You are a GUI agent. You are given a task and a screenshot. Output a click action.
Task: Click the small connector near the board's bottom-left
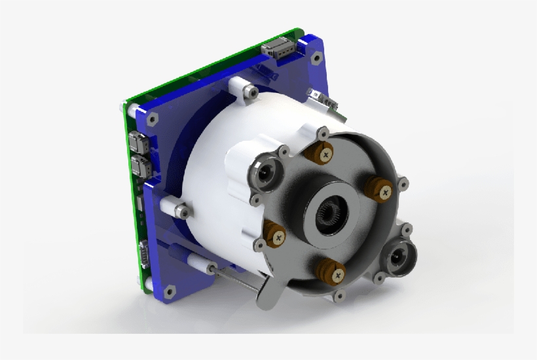pyautogui.click(x=143, y=251)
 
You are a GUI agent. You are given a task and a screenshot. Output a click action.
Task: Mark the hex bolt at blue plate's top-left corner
pyautogui.click(x=152, y=118)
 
